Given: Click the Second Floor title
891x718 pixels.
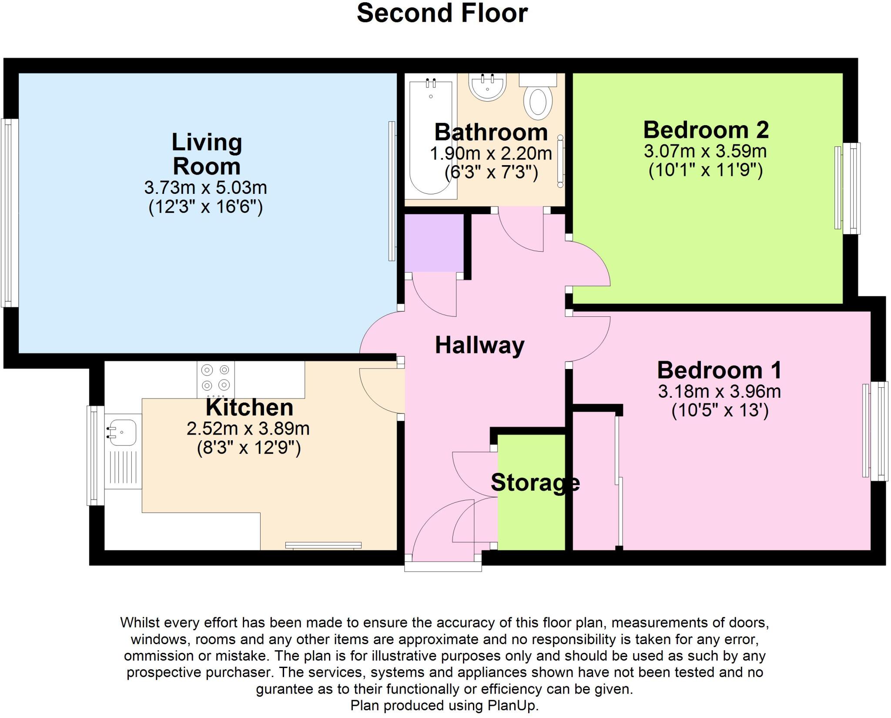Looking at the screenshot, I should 442,13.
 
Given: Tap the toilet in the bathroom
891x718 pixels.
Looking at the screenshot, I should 538,101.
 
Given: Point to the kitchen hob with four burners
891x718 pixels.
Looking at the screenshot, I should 215,378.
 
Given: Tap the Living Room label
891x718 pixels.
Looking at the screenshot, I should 207,154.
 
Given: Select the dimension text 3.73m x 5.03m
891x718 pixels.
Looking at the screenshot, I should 205,188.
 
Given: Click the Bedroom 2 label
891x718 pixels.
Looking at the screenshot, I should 706,130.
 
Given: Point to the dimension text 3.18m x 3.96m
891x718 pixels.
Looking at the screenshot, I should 719,392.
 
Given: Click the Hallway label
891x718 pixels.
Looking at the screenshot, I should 479,346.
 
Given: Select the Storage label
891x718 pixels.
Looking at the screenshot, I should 535,482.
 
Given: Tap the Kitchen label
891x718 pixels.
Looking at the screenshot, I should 249,407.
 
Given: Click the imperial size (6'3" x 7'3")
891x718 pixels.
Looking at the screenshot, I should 491,173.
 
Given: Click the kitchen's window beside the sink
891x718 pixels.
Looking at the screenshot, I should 96,455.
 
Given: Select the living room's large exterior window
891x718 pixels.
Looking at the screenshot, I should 10,213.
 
